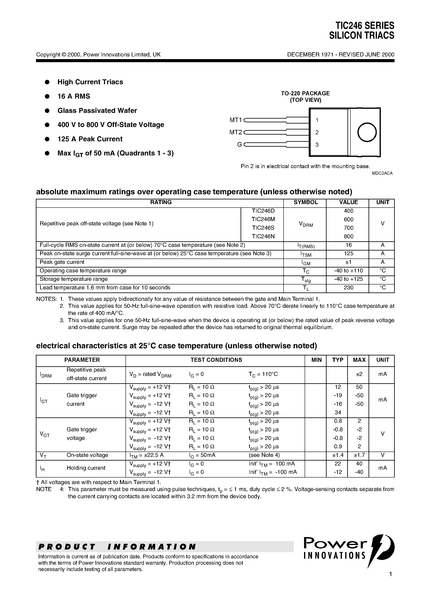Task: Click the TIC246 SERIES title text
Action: pos(365,26)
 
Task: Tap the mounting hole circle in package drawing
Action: pos(367,132)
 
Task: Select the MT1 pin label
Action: pos(236,120)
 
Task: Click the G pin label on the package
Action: pos(239,145)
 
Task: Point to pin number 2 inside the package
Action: pos(317,133)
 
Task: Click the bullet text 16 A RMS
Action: pos(74,96)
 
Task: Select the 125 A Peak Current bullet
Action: pos(90,139)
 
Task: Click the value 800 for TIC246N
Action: pos(348,236)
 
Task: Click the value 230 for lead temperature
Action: pos(348,288)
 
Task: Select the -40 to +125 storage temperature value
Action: pos(348,279)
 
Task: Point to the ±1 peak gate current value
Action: pos(348,262)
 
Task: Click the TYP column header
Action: pos(338,360)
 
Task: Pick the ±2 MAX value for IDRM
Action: pos(359,374)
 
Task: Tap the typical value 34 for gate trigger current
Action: pos(338,413)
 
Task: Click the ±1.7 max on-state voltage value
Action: pos(359,455)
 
